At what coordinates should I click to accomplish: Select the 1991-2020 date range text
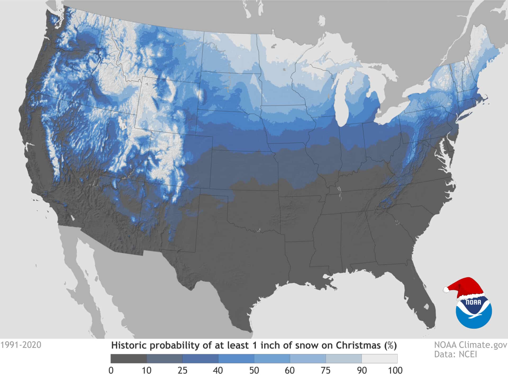[x=21, y=345]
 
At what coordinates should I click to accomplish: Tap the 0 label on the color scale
[x=111, y=370]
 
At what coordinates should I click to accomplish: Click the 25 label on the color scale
[x=182, y=370]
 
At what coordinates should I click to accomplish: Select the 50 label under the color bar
[x=254, y=370]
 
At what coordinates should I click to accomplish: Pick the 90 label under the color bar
[x=361, y=370]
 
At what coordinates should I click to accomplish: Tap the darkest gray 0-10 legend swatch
[x=129, y=359]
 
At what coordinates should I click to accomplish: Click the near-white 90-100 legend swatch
[x=379, y=359]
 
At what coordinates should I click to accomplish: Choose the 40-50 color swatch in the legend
[x=236, y=359]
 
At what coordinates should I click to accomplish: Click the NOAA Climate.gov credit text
[x=471, y=345]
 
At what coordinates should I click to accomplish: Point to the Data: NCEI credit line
[x=455, y=354]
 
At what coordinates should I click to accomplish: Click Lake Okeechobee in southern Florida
[x=426, y=307]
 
